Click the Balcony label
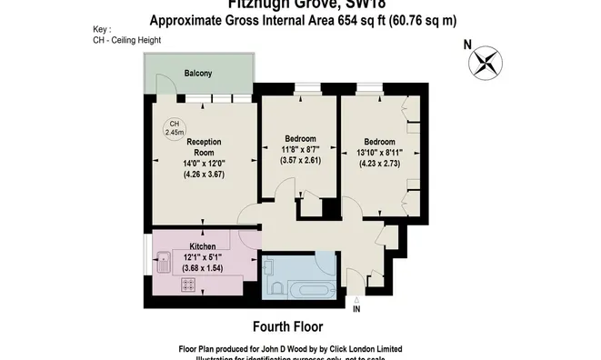point(198,73)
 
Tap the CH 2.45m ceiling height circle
point(174,128)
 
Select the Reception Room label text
point(204,147)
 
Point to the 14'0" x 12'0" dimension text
point(204,164)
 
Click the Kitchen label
point(202,246)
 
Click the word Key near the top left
point(101,29)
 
